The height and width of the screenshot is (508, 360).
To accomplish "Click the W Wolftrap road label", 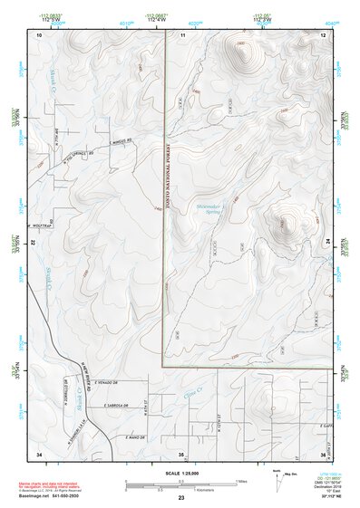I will pos(41,225).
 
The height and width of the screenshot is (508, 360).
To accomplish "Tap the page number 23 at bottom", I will pos(181,498).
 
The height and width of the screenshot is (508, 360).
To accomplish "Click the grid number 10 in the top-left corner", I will pos(39,34).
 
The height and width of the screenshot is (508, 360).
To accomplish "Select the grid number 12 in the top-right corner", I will pos(323,34).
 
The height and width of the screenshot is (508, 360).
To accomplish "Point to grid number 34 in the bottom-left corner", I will pos(39,453).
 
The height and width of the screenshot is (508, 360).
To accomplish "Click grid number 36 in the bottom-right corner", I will pos(323,453).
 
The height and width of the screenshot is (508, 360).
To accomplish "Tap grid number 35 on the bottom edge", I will pos(181,453).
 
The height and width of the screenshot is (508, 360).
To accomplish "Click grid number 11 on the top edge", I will pos(182,34).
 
